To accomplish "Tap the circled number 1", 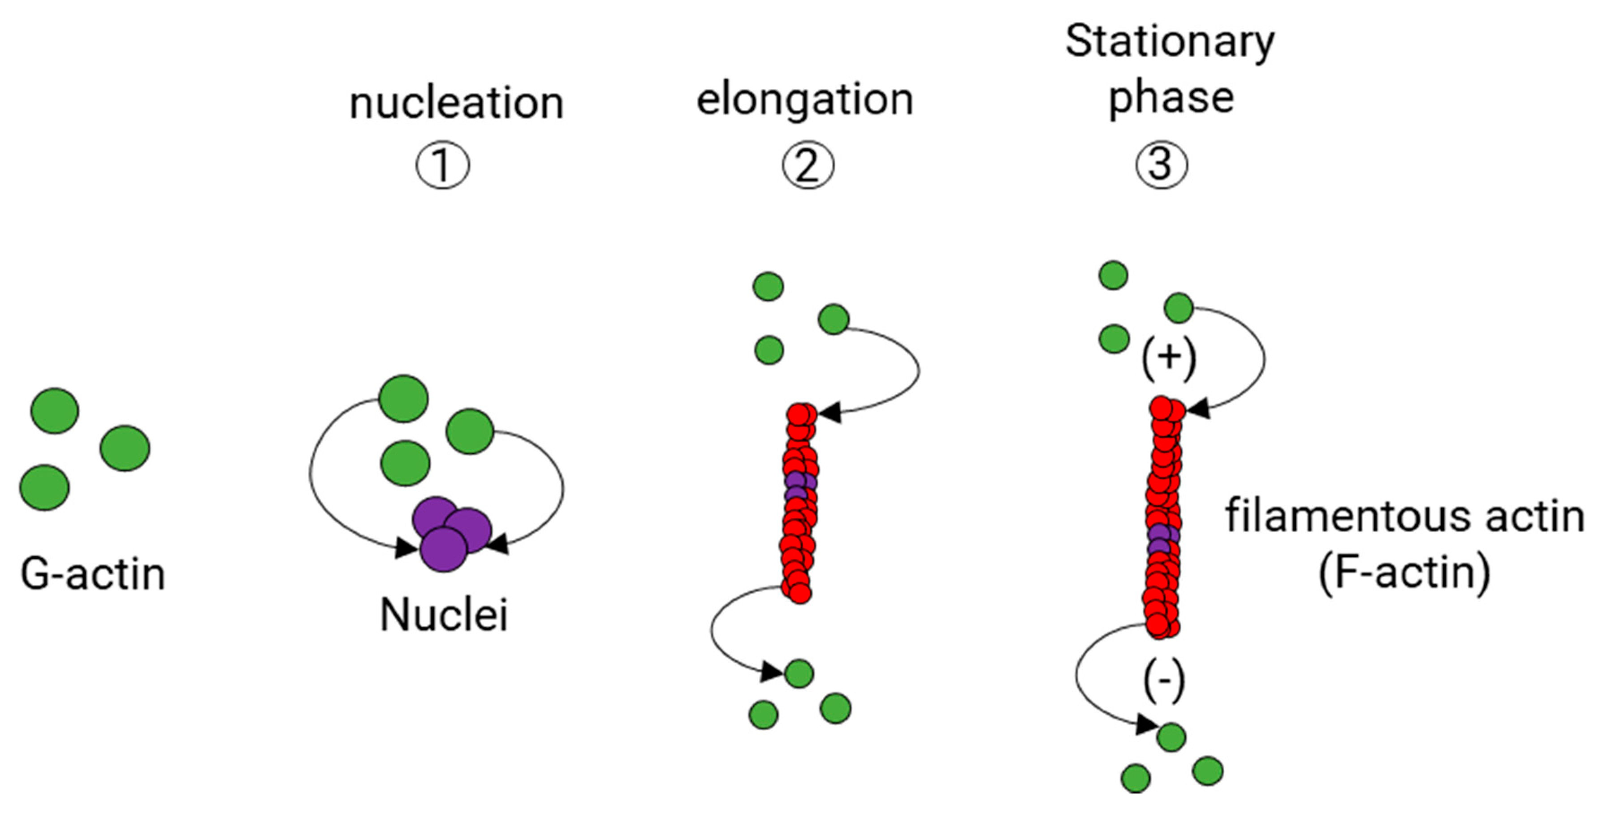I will click(x=442, y=165).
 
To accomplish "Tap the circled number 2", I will click(x=808, y=165).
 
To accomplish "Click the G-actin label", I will click(x=93, y=573).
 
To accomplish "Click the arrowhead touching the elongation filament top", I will click(x=830, y=412).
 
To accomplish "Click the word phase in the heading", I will click(x=1171, y=98).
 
